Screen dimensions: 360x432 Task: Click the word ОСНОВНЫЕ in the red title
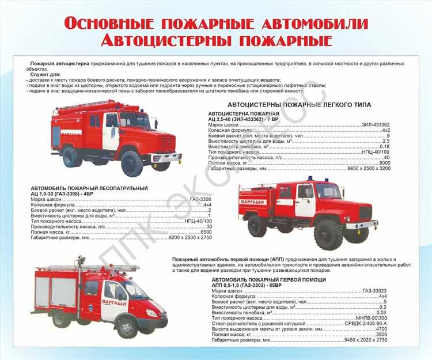click(107, 24)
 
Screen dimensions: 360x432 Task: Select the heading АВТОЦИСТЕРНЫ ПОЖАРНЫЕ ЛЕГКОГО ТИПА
click(300, 104)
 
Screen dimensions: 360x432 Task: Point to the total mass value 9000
click(385, 163)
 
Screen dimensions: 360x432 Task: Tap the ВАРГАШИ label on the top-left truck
click(70, 133)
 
